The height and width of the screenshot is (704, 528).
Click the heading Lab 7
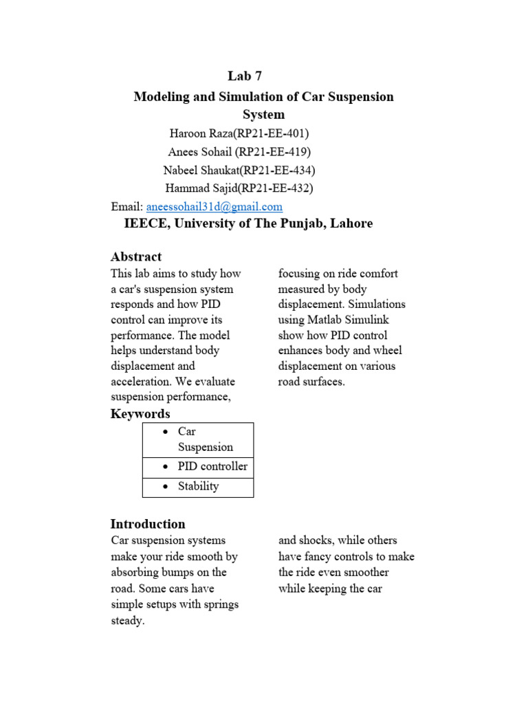244,76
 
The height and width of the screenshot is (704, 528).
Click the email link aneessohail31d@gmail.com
214,206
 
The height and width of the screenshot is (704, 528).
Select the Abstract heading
136,256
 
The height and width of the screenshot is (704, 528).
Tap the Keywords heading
140,414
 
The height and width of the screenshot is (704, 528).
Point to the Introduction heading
148,524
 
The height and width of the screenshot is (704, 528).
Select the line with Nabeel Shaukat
239,170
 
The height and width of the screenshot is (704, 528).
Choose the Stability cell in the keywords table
198,486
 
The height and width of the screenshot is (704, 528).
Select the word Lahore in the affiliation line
350,223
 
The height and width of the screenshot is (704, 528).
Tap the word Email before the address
127,206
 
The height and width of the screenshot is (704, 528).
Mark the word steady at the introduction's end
128,620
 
